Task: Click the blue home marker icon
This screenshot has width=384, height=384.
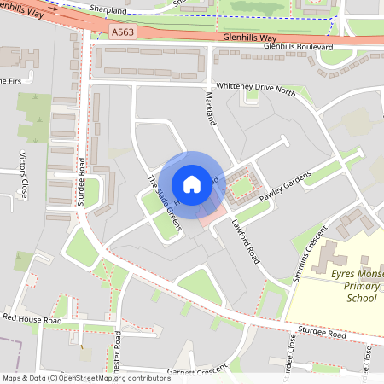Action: click(192, 184)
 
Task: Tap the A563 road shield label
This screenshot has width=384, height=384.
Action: click(122, 32)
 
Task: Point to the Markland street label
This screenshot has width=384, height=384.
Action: click(210, 108)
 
